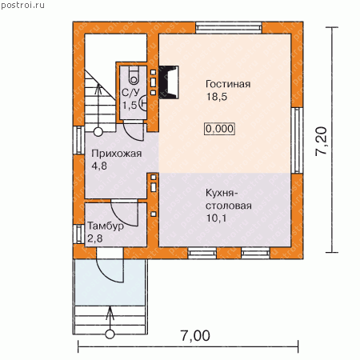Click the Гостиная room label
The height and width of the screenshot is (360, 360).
coord(228,84)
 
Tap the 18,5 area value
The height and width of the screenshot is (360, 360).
coord(217,97)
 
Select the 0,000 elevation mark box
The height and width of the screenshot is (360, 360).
coord(219,129)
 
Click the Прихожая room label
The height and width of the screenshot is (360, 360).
coord(116,154)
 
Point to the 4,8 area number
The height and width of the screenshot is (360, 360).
coord(99,166)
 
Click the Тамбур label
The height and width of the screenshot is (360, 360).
coord(106,226)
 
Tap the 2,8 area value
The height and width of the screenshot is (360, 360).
coord(95,238)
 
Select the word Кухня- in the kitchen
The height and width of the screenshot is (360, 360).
coord(222,193)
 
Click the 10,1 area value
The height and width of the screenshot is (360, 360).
coord(217,218)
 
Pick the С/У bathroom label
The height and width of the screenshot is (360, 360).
coord(130,93)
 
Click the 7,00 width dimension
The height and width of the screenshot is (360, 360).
coord(195,336)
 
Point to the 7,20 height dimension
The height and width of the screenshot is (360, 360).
coord(321,142)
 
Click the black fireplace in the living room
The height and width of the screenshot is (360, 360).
coord(169,82)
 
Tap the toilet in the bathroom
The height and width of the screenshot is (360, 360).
coord(134,75)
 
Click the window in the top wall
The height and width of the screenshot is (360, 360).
coord(229,28)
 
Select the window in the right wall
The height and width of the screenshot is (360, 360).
coord(297,140)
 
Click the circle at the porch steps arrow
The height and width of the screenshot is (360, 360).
coord(110,334)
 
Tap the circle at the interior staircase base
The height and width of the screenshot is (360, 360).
coord(98,132)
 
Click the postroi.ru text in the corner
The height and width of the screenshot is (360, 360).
coord(22,6)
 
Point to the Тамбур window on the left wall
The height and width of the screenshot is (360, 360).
coord(78,234)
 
